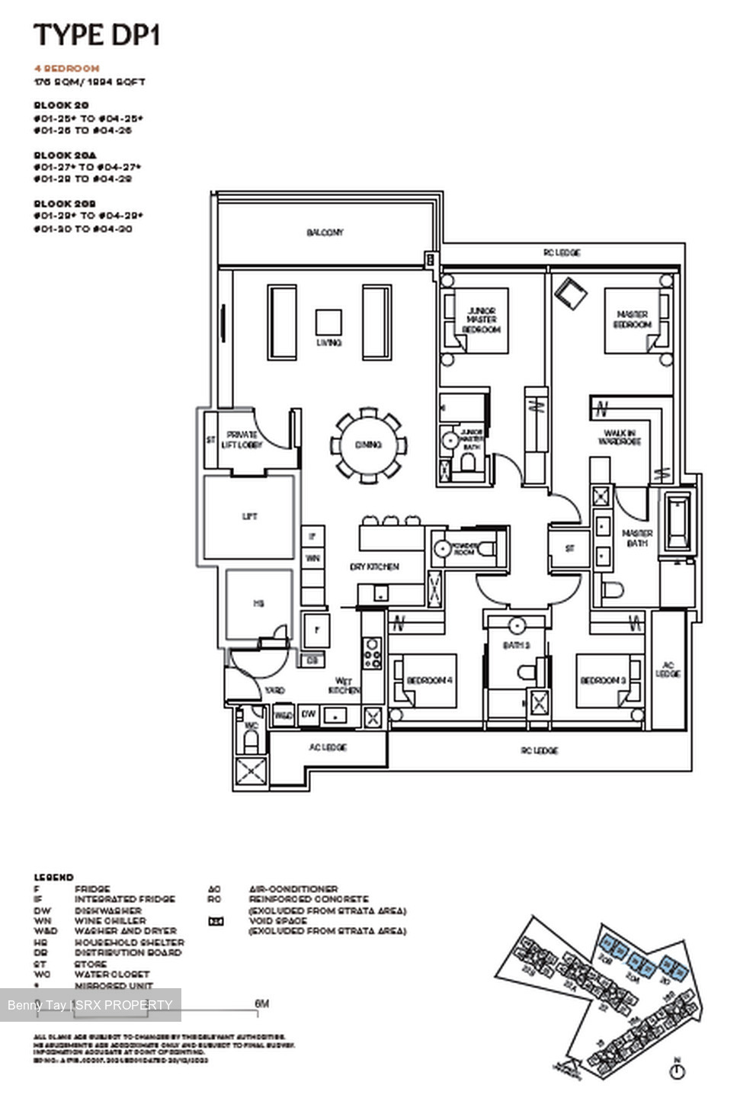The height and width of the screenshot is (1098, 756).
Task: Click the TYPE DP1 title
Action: click(x=97, y=35)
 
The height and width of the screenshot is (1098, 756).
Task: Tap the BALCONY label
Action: click(x=325, y=233)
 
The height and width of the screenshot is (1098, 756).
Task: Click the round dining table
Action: click(x=368, y=445)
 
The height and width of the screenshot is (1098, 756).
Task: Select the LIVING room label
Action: click(x=329, y=343)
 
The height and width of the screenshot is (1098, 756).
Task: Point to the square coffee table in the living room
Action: click(x=329, y=322)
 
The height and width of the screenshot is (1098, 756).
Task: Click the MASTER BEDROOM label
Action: click(x=633, y=319)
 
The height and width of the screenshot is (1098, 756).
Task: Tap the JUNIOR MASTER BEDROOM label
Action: click(x=482, y=320)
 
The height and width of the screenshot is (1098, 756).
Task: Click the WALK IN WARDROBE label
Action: click(x=619, y=438)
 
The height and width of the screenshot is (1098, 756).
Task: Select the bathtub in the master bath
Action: click(x=678, y=522)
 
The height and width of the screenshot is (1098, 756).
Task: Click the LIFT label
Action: click(x=249, y=516)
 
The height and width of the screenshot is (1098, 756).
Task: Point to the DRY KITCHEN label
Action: click(x=374, y=567)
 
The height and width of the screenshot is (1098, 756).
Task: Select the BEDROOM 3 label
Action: click(x=603, y=680)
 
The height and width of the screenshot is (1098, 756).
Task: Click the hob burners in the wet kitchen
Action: click(x=372, y=653)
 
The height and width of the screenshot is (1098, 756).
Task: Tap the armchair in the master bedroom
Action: click(x=571, y=293)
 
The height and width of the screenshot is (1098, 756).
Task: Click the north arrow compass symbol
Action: click(x=676, y=1071)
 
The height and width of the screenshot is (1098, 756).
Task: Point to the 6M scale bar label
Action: click(x=261, y=1003)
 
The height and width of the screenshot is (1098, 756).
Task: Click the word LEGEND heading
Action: click(x=53, y=878)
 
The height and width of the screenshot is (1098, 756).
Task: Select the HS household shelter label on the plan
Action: click(x=258, y=603)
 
